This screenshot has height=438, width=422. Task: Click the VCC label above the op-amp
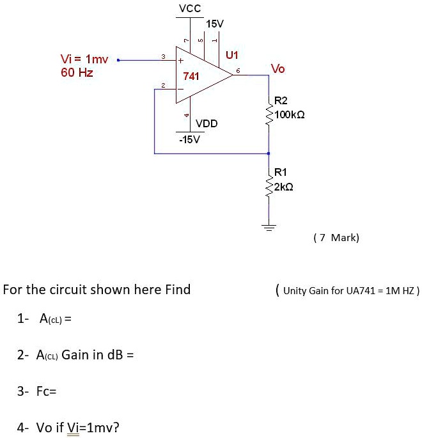(190, 8)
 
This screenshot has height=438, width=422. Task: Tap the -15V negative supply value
(189, 139)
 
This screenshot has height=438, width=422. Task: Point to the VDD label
(207, 123)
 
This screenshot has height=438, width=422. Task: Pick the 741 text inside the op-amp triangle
(191, 76)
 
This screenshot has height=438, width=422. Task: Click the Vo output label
(278, 68)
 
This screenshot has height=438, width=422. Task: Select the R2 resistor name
(281, 100)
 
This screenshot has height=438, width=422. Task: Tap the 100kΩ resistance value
(290, 114)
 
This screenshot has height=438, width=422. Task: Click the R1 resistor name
(281, 171)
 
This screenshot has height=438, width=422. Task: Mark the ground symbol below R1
(269, 227)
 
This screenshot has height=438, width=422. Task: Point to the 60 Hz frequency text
(77, 73)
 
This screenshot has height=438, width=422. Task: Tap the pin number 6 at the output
(237, 72)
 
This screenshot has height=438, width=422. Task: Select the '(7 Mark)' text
(336, 238)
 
